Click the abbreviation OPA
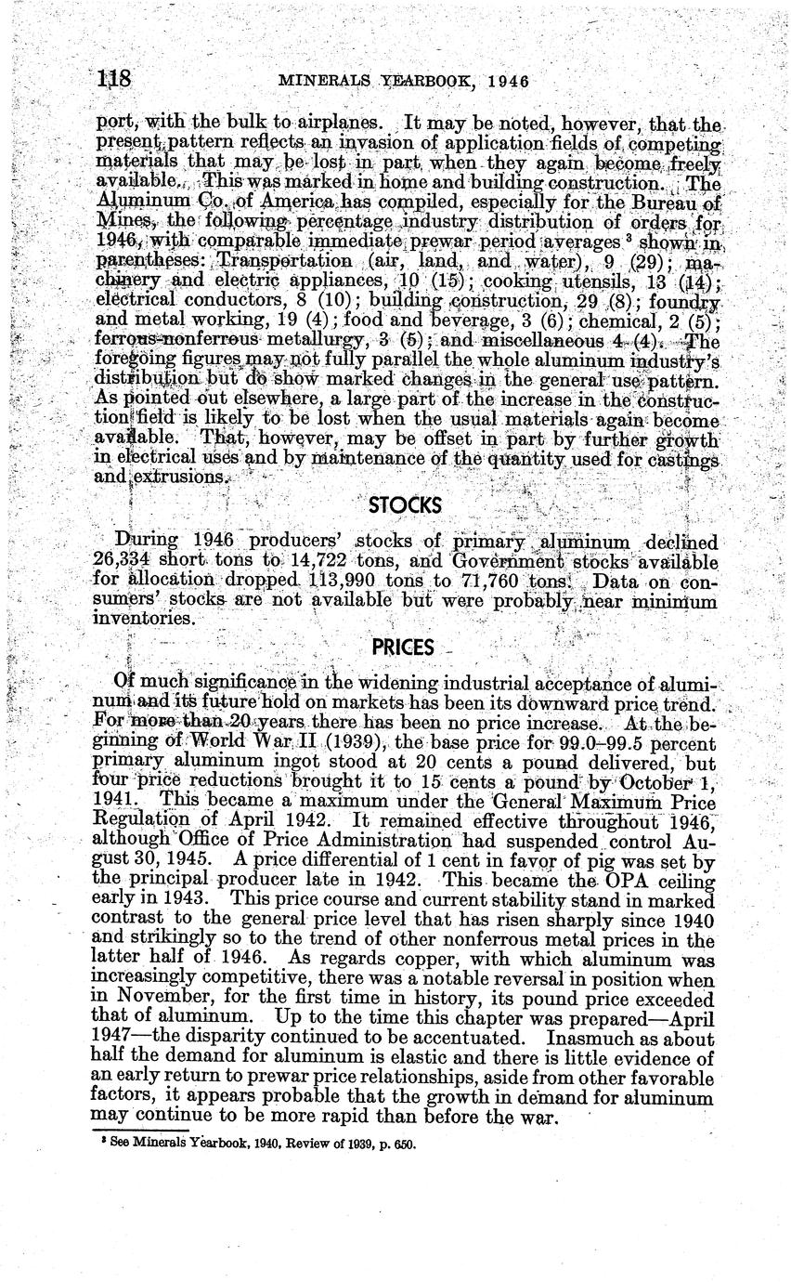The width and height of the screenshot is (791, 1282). click(633, 880)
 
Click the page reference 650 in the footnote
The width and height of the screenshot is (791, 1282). click(403, 1144)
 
